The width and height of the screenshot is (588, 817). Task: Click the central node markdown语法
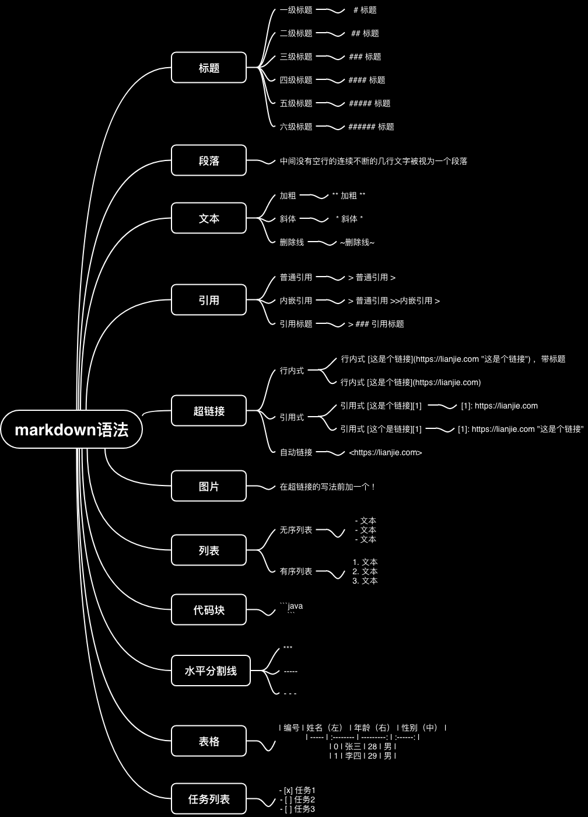pos(71,430)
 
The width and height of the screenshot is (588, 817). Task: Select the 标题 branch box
pos(209,68)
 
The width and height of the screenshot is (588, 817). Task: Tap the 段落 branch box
pos(209,160)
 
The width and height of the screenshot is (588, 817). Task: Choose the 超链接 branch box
pos(209,411)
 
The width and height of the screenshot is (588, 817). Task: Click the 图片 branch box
pos(209,486)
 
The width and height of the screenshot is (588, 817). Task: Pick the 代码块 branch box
pos(209,610)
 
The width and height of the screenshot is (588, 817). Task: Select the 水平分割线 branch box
pos(211,671)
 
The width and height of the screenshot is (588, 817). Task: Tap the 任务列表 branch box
pos(209,799)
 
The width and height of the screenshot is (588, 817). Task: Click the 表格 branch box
pos(209,741)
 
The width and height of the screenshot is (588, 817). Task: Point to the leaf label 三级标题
pos(296,57)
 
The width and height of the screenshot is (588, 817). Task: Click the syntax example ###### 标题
pos(371,127)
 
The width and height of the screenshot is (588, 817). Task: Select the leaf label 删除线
pos(292,242)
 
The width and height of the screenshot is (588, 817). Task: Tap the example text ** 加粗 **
pos(349,195)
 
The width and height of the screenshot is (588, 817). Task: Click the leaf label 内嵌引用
pos(296,301)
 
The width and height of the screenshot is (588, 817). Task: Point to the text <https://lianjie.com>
pos(385,452)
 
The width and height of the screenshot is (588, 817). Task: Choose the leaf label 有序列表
pos(296,571)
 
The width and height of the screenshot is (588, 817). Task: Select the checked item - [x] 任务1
pos(297,790)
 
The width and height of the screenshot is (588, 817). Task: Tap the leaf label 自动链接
pos(296,452)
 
